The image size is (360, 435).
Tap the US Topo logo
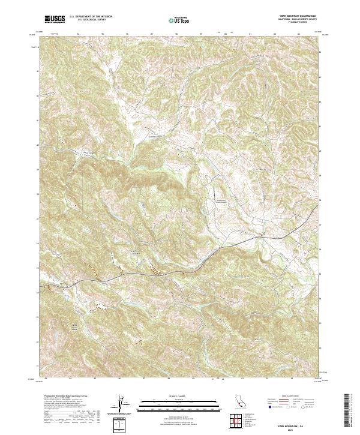click(180, 20)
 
